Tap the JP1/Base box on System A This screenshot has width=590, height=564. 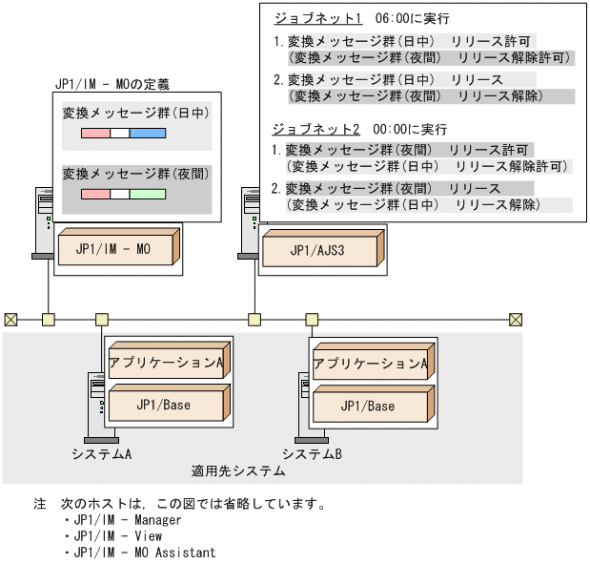click(x=164, y=406)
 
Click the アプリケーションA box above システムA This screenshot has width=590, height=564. click(x=167, y=362)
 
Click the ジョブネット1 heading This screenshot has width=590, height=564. click(x=314, y=18)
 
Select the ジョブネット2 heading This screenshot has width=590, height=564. click(x=314, y=128)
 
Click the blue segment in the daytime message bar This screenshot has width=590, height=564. click(x=147, y=135)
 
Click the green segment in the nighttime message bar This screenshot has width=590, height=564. click(x=147, y=194)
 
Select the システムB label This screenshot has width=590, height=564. click(x=312, y=452)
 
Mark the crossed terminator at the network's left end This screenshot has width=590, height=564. click(x=10, y=319)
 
